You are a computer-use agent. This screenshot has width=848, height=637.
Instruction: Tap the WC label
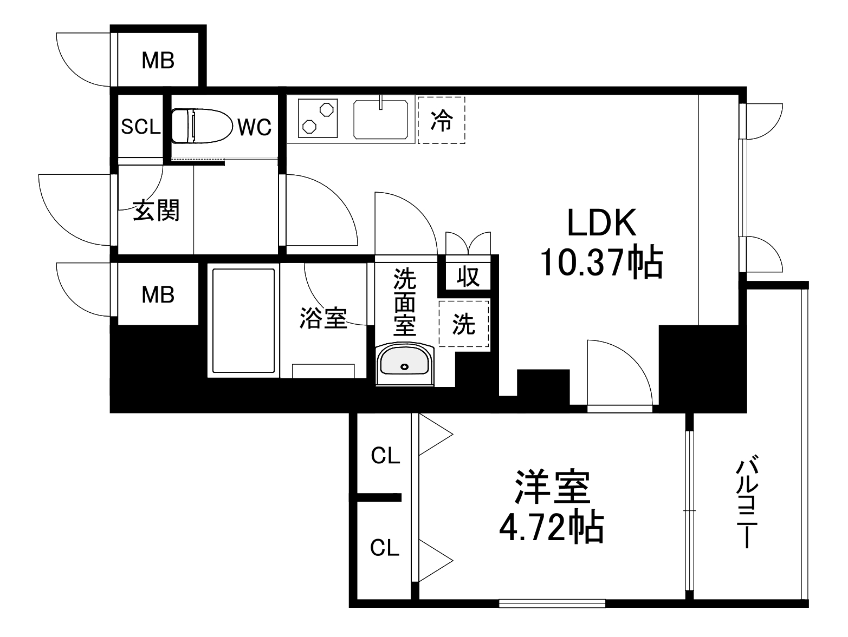tap(254, 127)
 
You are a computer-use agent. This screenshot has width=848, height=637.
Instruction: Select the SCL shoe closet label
tap(140, 127)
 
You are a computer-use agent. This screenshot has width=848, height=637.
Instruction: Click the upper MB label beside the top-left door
tap(158, 61)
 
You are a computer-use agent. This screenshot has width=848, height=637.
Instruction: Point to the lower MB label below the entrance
tap(158, 295)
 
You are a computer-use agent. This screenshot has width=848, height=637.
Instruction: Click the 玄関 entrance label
tap(156, 211)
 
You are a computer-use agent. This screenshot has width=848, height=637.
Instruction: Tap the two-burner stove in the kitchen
tap(318, 118)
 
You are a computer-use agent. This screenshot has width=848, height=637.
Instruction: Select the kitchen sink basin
tap(381, 119)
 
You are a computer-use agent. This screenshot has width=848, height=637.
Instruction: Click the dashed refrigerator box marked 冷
tap(441, 120)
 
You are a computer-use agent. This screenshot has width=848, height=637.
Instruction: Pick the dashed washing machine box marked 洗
tap(464, 324)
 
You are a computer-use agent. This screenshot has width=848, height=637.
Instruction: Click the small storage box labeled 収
tap(468, 276)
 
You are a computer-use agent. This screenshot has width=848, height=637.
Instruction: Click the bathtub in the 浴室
tap(243, 320)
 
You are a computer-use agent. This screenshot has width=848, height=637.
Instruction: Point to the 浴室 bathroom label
tap(323, 318)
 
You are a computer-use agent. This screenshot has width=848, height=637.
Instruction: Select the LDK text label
tap(601, 222)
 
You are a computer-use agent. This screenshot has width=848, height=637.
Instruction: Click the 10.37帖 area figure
tap(601, 262)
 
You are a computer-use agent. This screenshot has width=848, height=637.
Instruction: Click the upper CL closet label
tap(385, 456)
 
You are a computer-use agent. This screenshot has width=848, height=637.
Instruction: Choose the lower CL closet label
tap(385, 548)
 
